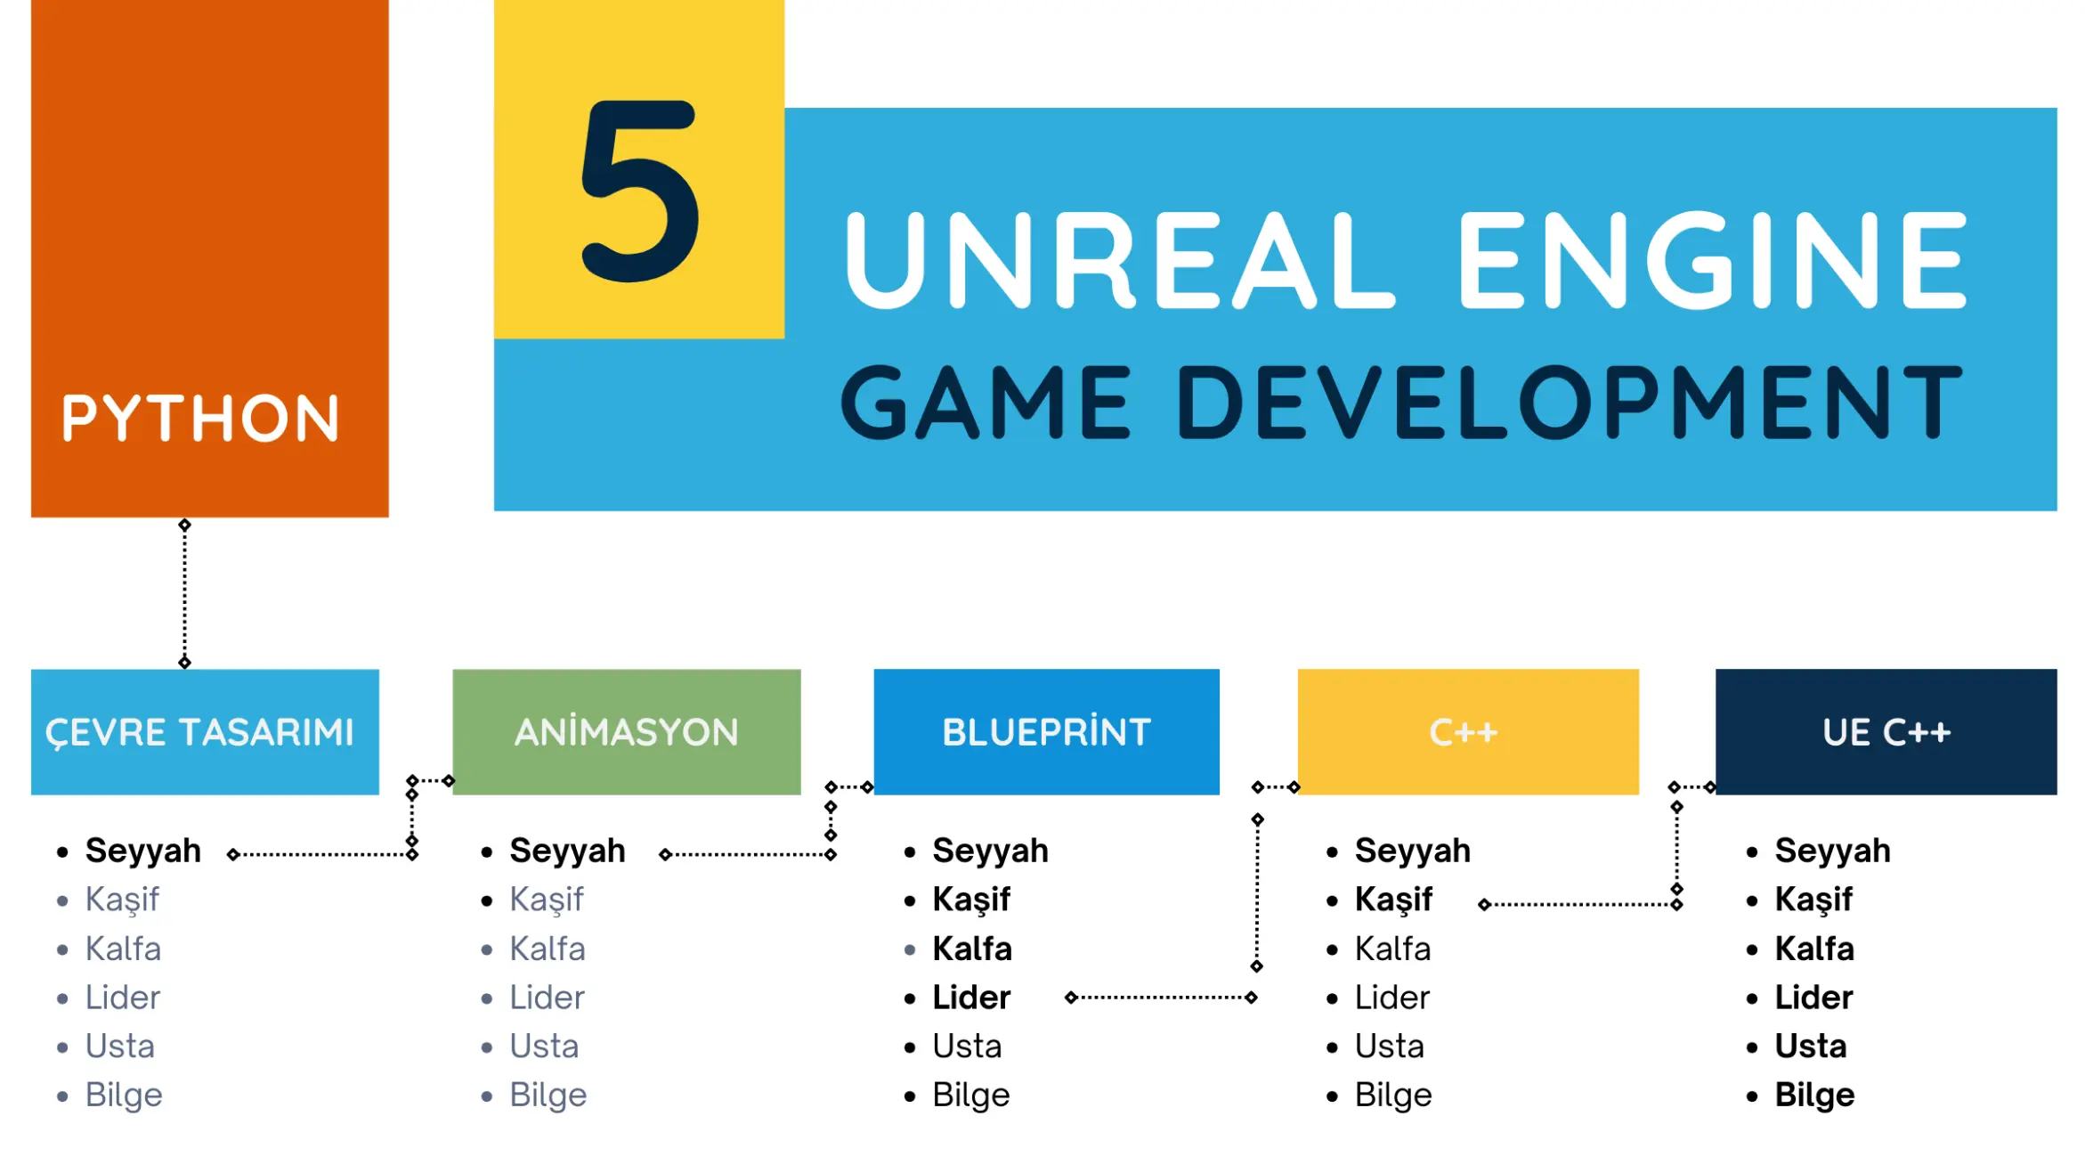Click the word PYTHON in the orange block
point(200,418)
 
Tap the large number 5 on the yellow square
point(639,191)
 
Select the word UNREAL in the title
point(1118,260)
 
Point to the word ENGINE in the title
point(1712,260)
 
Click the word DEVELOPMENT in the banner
point(1570,403)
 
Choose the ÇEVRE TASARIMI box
point(205,731)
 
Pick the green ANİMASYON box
point(627,731)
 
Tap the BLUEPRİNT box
point(1047,731)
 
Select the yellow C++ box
point(1468,731)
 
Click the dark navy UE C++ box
point(1886,731)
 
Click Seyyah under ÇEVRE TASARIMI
point(143,851)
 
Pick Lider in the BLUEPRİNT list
point(971,997)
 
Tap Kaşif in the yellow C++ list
point(1393,900)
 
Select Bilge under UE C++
point(1814,1095)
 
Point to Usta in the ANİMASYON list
point(544,1046)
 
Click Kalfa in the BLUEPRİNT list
point(972,949)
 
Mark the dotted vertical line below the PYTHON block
point(184,593)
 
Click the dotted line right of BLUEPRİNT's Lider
point(1162,997)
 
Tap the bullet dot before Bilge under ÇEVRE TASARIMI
point(62,1096)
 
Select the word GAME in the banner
point(986,403)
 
